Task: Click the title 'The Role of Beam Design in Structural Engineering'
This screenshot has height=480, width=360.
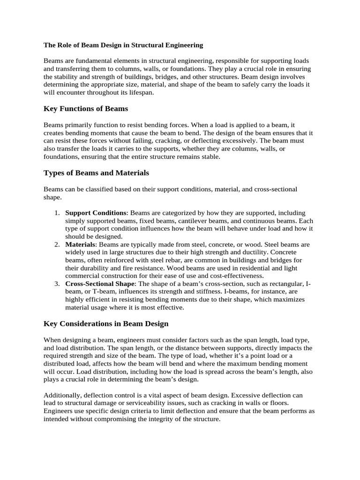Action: (x=123, y=45)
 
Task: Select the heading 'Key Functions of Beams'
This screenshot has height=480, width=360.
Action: (x=86, y=109)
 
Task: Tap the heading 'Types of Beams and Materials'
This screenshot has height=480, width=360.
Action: (x=96, y=173)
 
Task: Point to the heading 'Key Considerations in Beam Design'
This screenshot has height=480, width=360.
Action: (x=106, y=324)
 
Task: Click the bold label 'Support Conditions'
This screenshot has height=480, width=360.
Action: (x=96, y=213)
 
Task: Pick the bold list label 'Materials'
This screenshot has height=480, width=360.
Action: (x=80, y=245)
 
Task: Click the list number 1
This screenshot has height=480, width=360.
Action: (x=56, y=213)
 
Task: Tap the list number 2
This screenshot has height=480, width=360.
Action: (x=56, y=245)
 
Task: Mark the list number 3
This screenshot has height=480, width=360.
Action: (x=56, y=284)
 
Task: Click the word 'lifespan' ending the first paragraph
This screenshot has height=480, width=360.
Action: (x=141, y=93)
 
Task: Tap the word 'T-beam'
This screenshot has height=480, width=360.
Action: (x=98, y=292)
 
